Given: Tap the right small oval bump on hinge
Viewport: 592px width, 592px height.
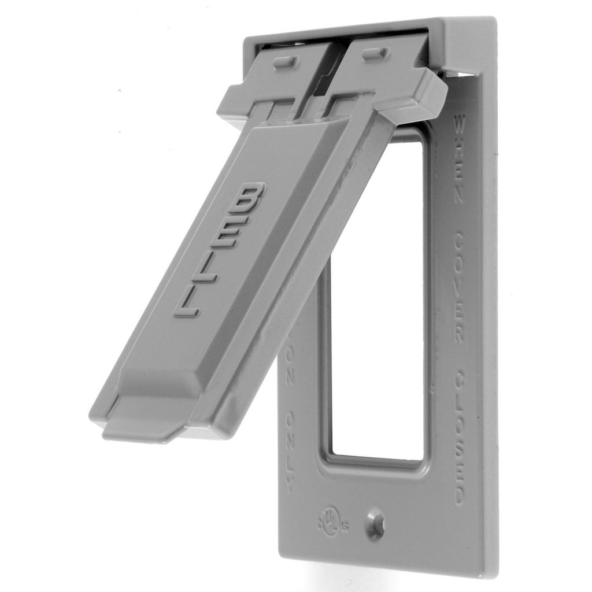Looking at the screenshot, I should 374,53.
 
